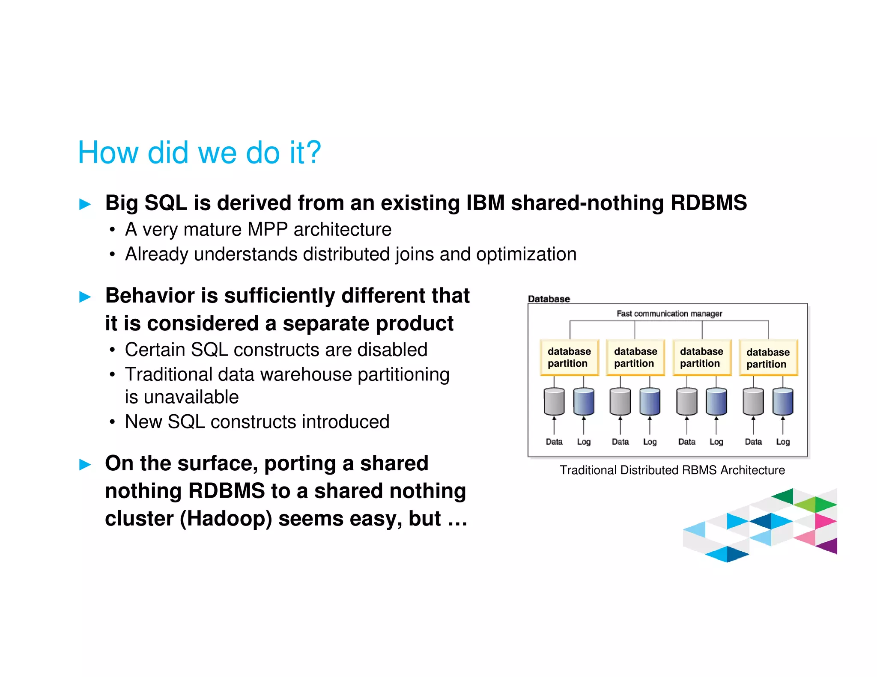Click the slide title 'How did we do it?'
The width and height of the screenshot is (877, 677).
tap(199, 152)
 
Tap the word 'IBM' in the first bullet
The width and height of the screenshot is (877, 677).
tap(485, 203)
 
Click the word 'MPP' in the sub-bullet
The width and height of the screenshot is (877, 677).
tap(267, 230)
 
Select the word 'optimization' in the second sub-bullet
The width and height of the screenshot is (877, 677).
tap(526, 255)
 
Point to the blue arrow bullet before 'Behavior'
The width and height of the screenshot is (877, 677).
tap(85, 297)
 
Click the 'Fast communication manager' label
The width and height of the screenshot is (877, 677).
tap(669, 314)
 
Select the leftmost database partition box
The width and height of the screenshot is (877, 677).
tap(569, 357)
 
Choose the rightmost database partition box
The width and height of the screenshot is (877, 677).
tap(768, 358)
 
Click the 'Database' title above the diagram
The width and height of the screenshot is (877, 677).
tap(549, 299)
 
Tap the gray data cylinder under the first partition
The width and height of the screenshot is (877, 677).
tap(554, 401)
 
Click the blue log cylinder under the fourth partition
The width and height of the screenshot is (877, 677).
tap(783, 401)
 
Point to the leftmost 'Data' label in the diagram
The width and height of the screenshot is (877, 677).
tap(554, 442)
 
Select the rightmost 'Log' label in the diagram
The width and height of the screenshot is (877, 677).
tap(783, 442)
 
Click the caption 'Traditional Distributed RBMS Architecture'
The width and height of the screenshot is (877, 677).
tap(672, 470)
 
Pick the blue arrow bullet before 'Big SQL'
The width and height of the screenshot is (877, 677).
tap(85, 204)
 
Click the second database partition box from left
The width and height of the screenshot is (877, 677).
tap(635, 357)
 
